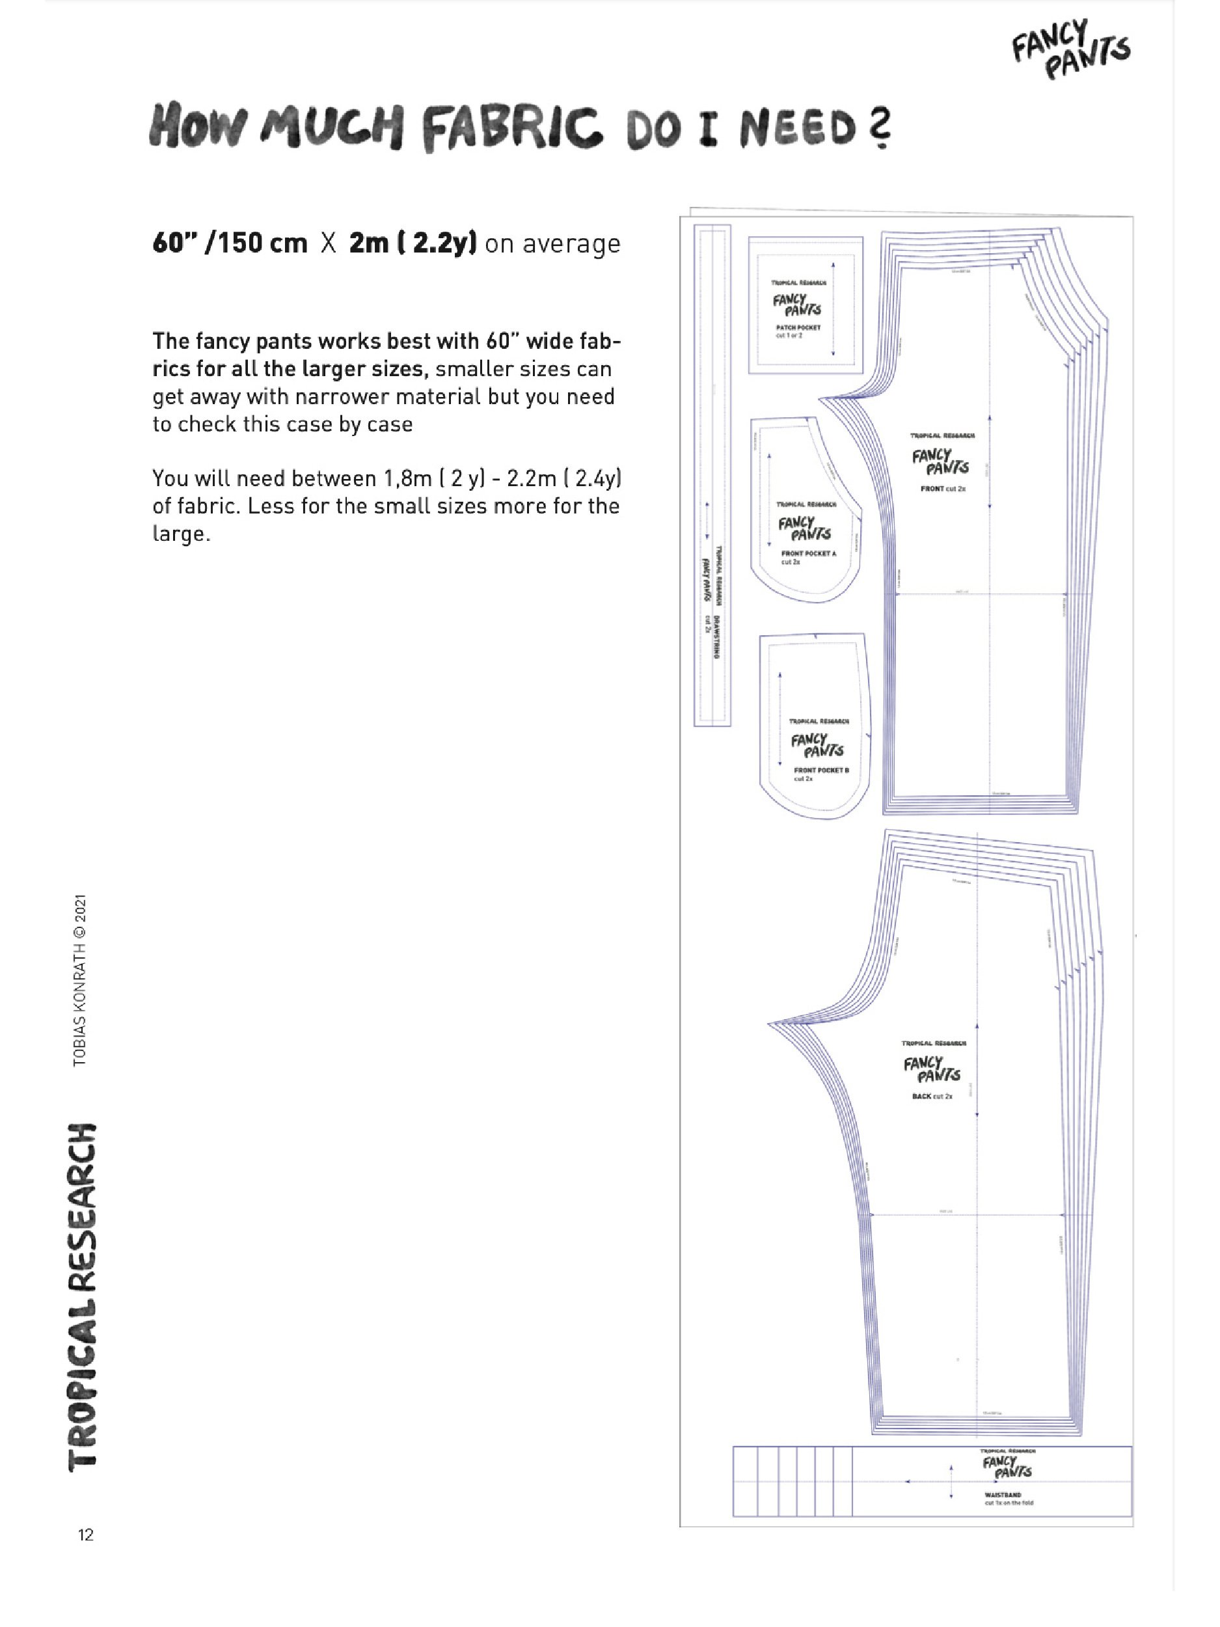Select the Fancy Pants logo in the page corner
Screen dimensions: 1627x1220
pos(1072,49)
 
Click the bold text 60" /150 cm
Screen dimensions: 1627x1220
pos(230,243)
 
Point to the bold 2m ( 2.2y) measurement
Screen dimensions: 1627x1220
pos(413,243)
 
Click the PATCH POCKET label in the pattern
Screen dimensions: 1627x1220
pos(798,327)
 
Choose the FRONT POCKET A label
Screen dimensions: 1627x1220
pos(808,553)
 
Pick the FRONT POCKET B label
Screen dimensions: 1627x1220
pos(820,770)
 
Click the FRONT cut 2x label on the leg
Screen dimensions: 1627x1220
pos(943,488)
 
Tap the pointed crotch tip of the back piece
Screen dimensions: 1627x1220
pos(770,1022)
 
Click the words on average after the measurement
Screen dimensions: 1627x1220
pos(552,243)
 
